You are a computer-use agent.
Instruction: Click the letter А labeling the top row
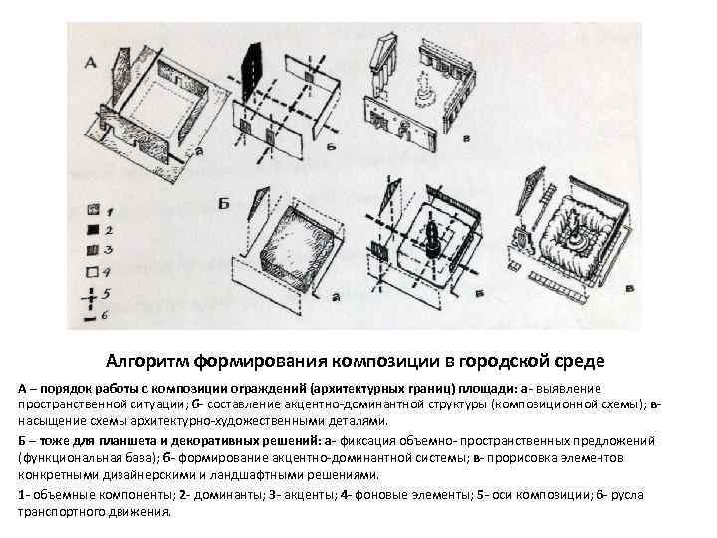(89, 62)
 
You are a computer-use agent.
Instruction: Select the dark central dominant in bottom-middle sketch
(434, 239)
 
